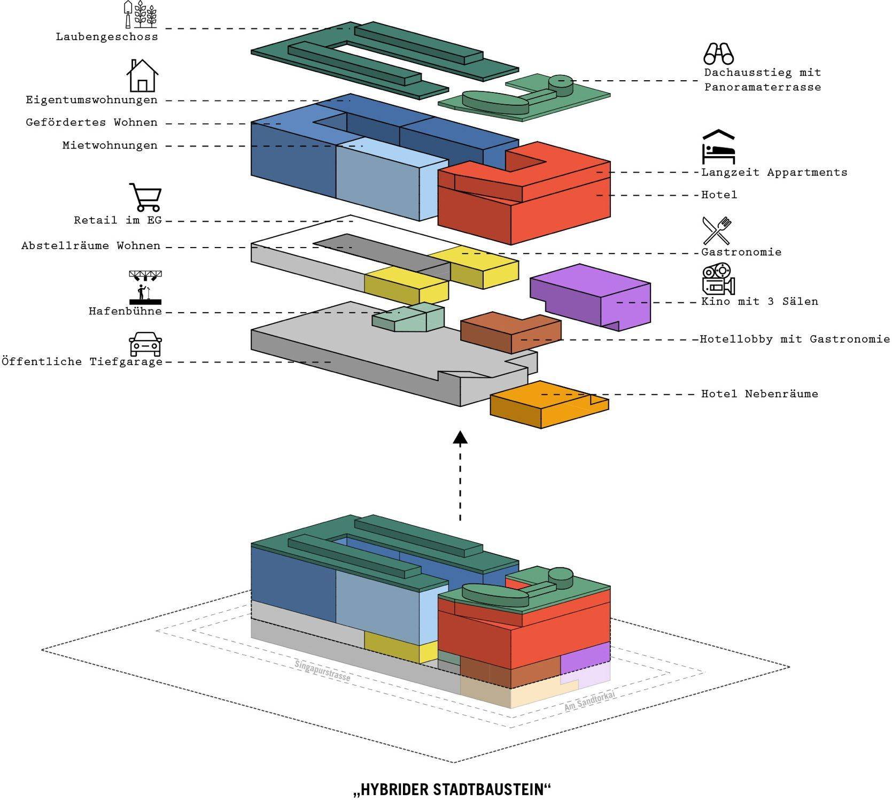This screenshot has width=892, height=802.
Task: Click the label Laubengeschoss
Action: [107, 37]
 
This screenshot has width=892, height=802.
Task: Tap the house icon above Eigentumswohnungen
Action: [142, 75]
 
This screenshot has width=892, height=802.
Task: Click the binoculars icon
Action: [718, 53]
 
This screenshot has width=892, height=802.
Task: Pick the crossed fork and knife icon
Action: [717, 230]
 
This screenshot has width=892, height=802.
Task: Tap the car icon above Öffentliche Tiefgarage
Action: [145, 344]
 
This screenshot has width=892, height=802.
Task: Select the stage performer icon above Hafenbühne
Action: [145, 287]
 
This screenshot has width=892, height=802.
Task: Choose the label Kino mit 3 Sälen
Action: [759, 302]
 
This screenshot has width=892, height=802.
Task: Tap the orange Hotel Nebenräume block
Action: [549, 405]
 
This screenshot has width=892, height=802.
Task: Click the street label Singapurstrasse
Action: [322, 670]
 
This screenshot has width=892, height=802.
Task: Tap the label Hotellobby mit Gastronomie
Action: [795, 340]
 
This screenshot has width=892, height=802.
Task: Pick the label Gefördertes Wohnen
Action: [92, 123]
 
